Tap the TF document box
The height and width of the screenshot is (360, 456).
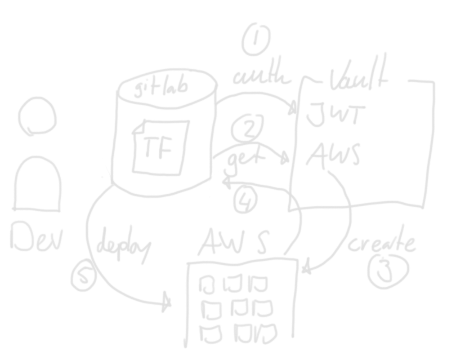pos(160,147)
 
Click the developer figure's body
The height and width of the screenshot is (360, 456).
pos(37,185)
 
